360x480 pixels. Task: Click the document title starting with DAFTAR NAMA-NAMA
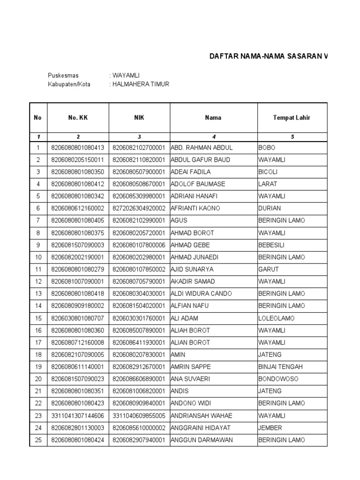pyautogui.click(x=268, y=57)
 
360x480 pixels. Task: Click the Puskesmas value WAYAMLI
pyautogui.click(x=126, y=75)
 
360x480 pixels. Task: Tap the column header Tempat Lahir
pyautogui.click(x=292, y=118)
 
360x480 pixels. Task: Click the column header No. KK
pyautogui.click(x=78, y=118)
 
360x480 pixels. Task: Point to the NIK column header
pyautogui.click(x=139, y=118)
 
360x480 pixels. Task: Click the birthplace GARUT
pyautogui.click(x=269, y=270)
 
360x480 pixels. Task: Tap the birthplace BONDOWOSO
pyautogui.click(x=278, y=379)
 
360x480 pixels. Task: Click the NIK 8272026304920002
pyautogui.click(x=139, y=209)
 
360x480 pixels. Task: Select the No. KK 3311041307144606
pyautogui.click(x=78, y=416)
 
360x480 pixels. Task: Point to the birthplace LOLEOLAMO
pyautogui.click(x=277, y=318)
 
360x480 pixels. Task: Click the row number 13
pyautogui.click(x=38, y=294)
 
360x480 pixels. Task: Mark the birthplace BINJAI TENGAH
pyautogui.click(x=281, y=367)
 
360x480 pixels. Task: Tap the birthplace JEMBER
pyautogui.click(x=270, y=428)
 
